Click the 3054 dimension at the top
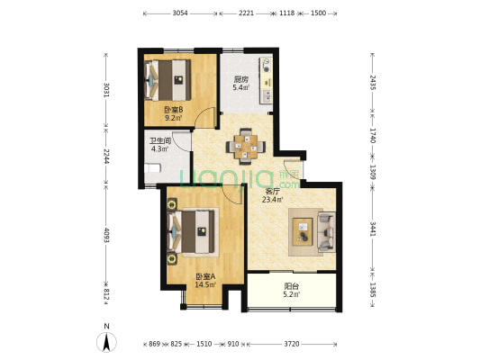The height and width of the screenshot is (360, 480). pos(180,13)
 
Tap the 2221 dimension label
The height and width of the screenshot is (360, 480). pos(246,13)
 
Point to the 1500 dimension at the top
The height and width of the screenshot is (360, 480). pos(319,13)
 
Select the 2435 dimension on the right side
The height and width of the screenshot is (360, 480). pos(373,82)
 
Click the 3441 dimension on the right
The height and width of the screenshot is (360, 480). pos(373,229)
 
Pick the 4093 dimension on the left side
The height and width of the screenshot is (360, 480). pos(106,235)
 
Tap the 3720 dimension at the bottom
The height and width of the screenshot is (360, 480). pos(292,344)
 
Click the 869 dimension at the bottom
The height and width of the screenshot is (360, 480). pos(155,344)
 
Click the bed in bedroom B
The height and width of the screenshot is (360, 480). pos(168,80)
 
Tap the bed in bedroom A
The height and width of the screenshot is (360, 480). pos(192,232)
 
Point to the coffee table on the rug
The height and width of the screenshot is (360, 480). pos(303,231)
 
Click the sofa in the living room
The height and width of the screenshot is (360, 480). pos(327,232)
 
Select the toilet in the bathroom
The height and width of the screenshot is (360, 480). pos(152,168)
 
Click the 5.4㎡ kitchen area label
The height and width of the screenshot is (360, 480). pos(241,88)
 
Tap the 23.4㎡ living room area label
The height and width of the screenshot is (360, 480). pos(273,200)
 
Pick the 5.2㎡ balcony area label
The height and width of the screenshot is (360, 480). pos(292,294)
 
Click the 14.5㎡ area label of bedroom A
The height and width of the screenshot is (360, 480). pos(205,284)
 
